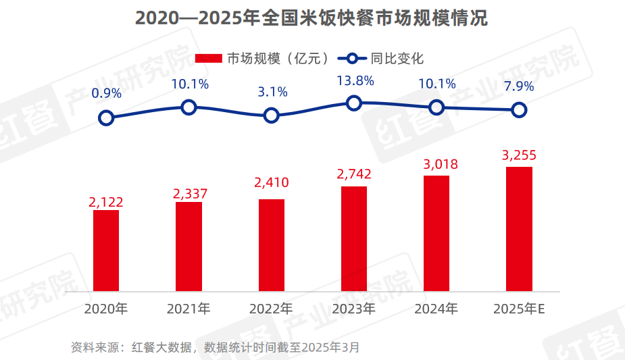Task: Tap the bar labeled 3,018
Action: tap(436, 234)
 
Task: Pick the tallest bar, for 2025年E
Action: tap(519, 230)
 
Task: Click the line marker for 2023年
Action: tap(354, 103)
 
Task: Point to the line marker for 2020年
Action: tap(106, 118)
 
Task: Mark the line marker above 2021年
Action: tap(189, 107)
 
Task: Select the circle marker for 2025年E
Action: tap(519, 109)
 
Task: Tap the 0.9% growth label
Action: tap(106, 93)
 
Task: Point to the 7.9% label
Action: tap(518, 86)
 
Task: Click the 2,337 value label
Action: tap(190, 194)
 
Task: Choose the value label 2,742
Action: tap(354, 174)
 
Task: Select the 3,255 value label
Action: tap(519, 155)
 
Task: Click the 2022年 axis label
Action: tap(270, 309)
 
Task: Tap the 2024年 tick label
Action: tap(436, 309)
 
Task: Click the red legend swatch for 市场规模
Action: tap(208, 59)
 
